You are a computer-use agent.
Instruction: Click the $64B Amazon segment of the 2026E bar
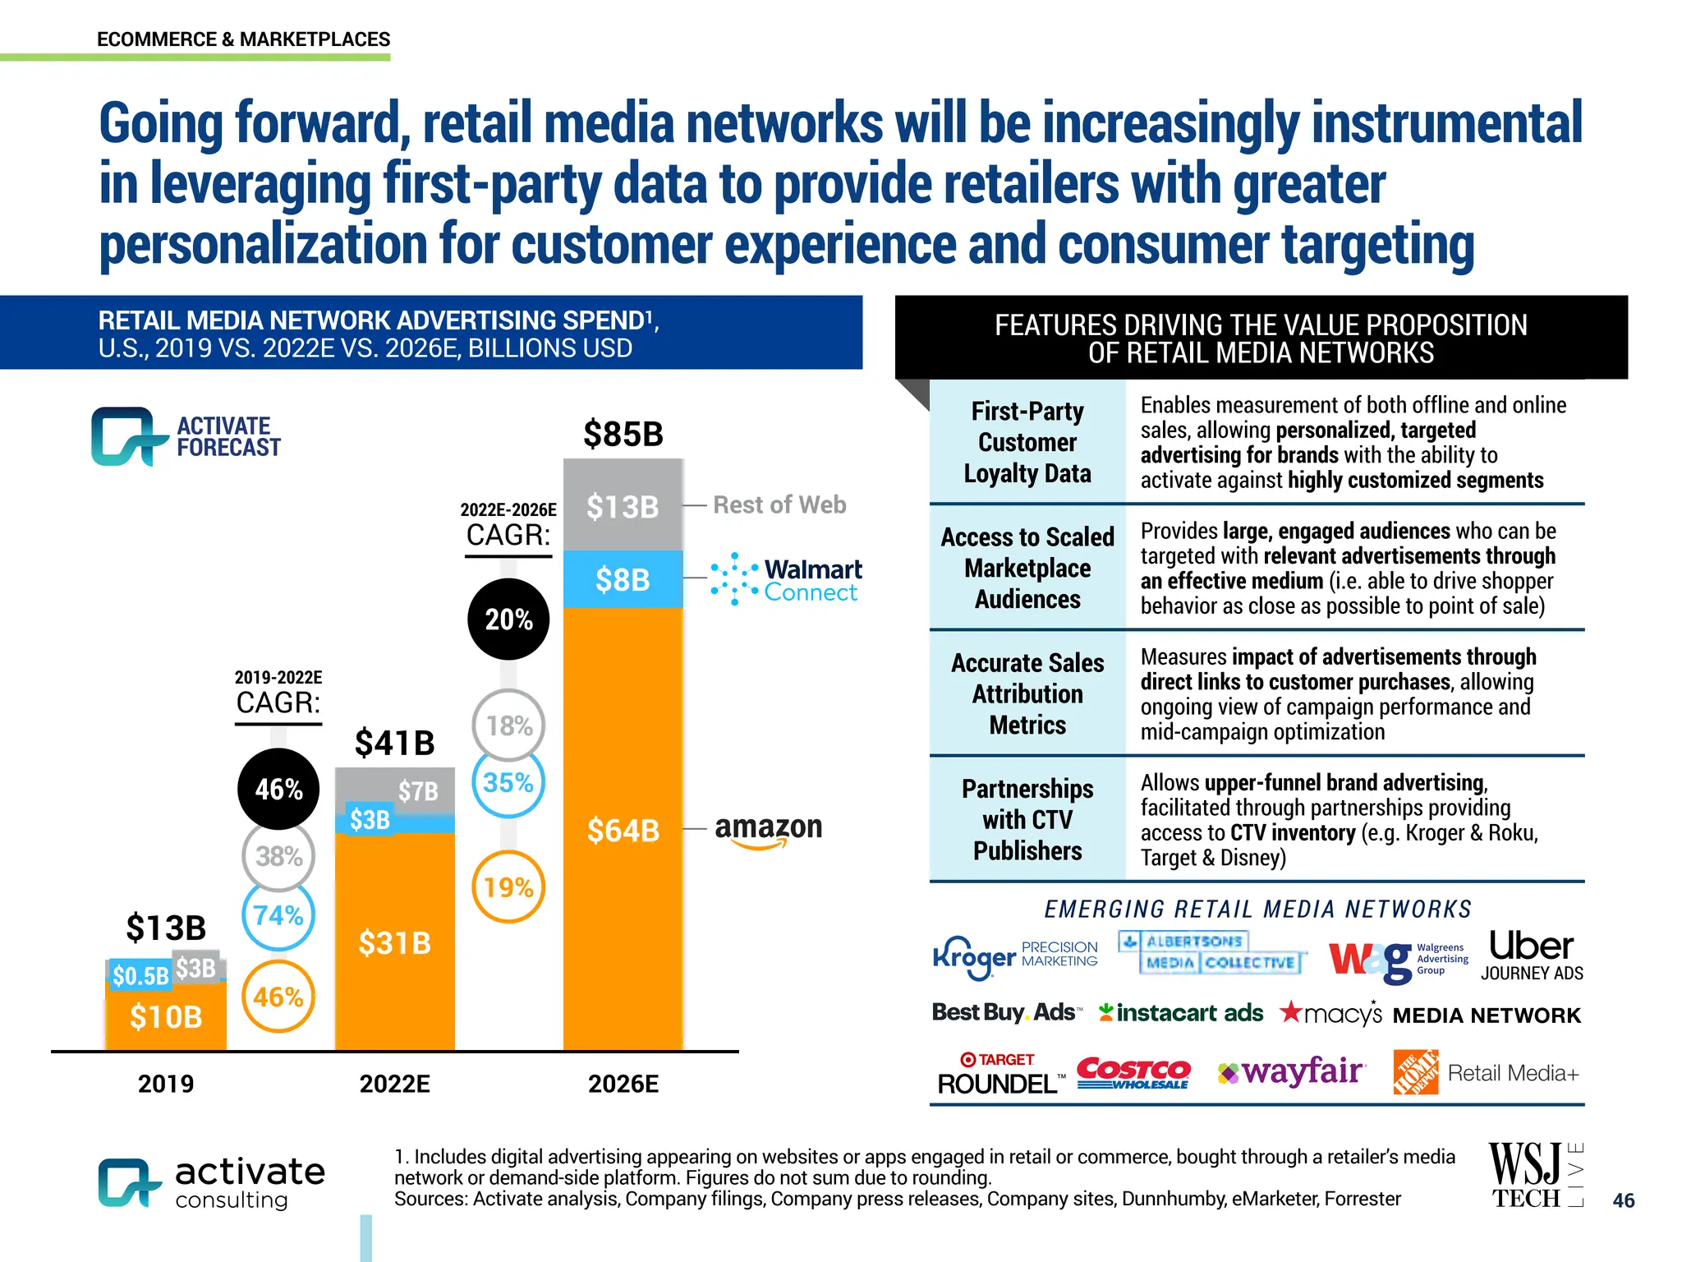[623, 830]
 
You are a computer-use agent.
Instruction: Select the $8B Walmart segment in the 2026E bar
[623, 579]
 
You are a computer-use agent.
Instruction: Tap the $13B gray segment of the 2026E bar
[623, 506]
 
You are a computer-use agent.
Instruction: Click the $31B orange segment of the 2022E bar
[394, 942]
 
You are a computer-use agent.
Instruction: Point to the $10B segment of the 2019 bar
[166, 1017]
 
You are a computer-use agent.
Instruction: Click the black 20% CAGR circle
[508, 619]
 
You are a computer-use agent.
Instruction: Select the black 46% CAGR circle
[278, 789]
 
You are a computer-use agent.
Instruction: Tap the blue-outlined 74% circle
[278, 915]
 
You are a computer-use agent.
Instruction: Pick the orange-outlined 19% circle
[508, 887]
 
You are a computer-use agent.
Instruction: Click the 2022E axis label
[394, 1084]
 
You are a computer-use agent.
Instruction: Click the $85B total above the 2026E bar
[623, 434]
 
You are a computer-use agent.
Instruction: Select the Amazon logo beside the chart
[768, 828]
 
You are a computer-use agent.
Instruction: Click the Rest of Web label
[779, 504]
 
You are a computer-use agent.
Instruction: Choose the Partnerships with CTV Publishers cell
[1027, 819]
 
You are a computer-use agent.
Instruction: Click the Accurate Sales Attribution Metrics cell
[1027, 693]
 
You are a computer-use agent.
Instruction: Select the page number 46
[1623, 1200]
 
